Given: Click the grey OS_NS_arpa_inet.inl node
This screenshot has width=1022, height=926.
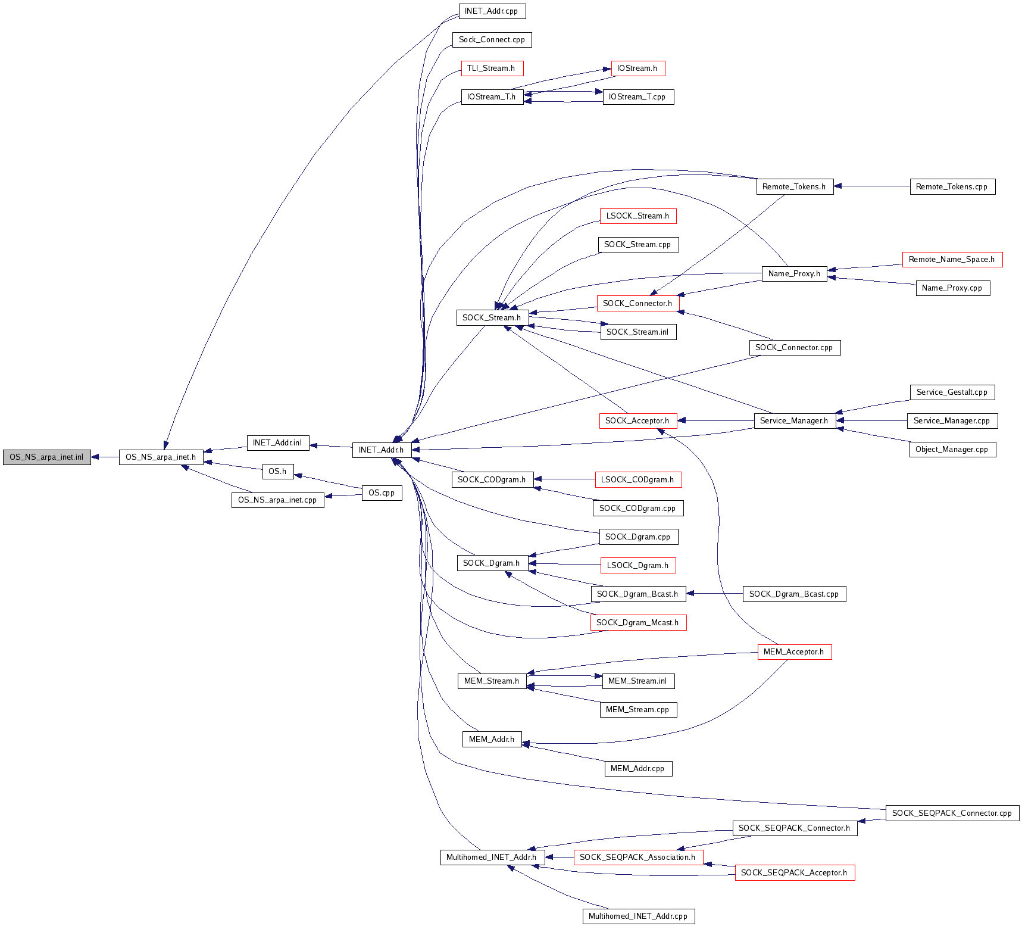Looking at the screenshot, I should (46, 457).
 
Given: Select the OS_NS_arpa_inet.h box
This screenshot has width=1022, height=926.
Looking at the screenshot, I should (161, 457).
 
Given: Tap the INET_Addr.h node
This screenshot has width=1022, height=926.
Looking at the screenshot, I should (381, 450).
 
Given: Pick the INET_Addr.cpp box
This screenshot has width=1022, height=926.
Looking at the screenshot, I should (492, 11).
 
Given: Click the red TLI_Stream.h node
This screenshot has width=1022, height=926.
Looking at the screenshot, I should (492, 68).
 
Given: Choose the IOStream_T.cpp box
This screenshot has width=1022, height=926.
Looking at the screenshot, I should (637, 97).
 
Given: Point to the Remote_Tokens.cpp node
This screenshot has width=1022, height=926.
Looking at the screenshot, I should (952, 187).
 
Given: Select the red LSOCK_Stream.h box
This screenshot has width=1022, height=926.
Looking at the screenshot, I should (637, 216).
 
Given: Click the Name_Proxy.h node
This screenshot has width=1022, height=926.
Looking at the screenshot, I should (794, 274).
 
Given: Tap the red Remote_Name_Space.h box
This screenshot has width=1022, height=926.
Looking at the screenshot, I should (952, 260).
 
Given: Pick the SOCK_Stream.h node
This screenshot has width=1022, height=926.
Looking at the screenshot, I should (492, 318).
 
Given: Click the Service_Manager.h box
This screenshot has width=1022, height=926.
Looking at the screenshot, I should (794, 421).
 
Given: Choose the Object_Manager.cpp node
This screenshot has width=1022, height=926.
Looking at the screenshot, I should (952, 450).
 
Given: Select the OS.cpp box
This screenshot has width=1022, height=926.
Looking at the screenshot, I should (382, 493).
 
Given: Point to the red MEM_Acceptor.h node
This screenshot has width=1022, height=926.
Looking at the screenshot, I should (794, 652).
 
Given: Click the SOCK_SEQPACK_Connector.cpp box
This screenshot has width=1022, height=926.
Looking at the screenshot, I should (952, 813).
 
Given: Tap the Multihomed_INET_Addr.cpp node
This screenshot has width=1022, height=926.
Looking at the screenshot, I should (638, 916).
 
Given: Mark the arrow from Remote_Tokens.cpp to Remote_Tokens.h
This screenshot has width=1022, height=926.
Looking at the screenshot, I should (872, 186).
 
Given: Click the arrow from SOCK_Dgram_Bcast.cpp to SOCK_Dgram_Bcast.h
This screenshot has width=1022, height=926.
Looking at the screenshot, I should (714, 594).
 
